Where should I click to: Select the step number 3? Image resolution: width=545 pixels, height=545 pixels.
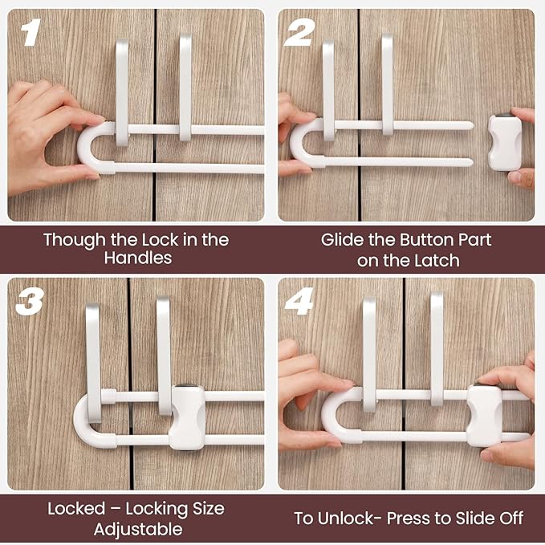[31, 302]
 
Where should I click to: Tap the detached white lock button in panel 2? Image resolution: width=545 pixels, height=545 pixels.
[505, 141]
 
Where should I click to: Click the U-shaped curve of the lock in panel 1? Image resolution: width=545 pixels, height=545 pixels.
[86, 148]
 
